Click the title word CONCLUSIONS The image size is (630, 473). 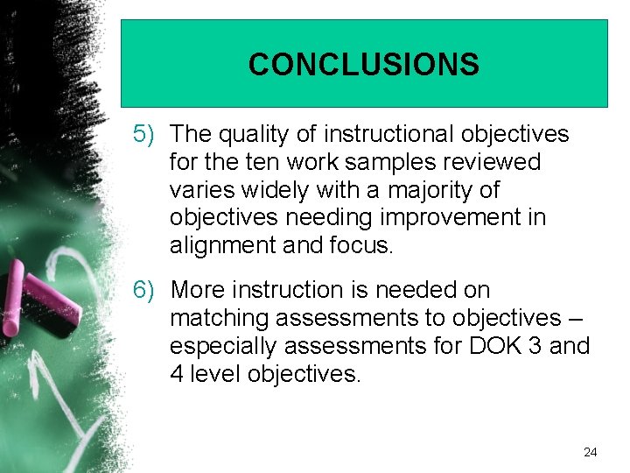363,65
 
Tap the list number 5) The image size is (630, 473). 143,134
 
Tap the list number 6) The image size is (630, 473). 143,290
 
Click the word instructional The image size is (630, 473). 388,134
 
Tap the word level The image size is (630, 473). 214,374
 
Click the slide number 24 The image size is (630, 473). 590,452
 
